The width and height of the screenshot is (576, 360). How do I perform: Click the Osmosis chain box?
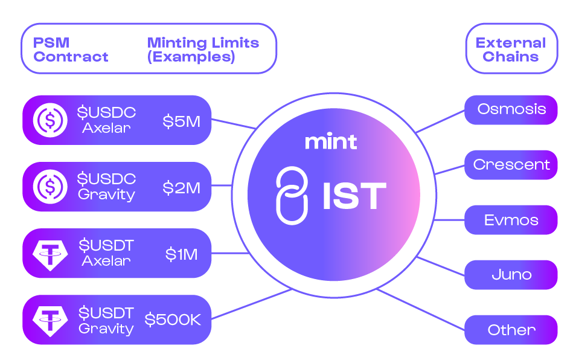point(511,109)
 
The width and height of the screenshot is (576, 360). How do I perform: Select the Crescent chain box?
point(511,165)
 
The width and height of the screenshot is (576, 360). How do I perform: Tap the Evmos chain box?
point(511,220)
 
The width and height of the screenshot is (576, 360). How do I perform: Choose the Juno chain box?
point(511,275)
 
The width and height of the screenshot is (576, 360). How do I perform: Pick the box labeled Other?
point(511,330)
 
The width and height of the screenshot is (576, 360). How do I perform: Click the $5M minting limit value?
point(181,121)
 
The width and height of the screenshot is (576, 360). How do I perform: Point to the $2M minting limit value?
point(181,188)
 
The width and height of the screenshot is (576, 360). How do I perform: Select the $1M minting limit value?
point(182,254)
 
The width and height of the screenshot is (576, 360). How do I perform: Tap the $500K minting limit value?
point(173,320)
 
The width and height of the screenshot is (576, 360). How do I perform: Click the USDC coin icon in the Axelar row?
point(50,120)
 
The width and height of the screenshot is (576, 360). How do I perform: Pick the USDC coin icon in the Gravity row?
point(50,187)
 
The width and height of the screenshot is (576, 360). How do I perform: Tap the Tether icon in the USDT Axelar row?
point(50,254)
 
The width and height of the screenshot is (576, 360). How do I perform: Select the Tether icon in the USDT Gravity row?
point(50,320)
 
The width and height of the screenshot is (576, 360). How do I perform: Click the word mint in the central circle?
point(330,141)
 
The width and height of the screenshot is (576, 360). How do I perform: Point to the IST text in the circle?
point(354,196)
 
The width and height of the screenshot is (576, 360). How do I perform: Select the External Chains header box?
point(511,50)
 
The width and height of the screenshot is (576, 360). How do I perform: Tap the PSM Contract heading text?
point(71,50)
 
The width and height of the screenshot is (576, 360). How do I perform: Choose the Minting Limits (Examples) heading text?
point(203,50)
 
